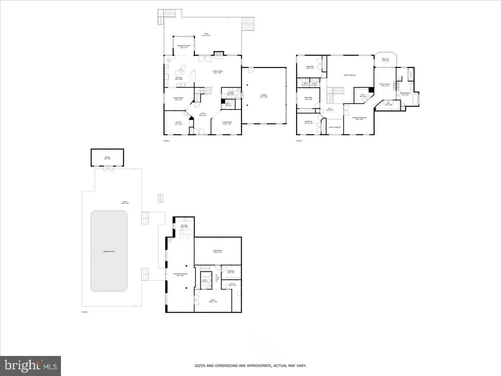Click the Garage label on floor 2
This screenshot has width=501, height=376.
(264, 96)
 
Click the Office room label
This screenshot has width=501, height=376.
(178, 123)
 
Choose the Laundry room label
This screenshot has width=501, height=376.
(231, 93)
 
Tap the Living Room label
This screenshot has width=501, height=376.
(227, 123)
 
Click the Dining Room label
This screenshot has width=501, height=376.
(178, 99)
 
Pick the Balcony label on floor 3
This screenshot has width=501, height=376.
(385, 60)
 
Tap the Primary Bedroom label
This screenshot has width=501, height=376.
(359, 118)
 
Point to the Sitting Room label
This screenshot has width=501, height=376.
(385, 85)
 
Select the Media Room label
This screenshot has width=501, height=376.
(218, 252)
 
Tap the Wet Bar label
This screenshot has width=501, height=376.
(184, 226)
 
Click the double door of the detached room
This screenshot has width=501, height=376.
(108, 168)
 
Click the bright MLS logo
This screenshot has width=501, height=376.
(30, 366)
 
